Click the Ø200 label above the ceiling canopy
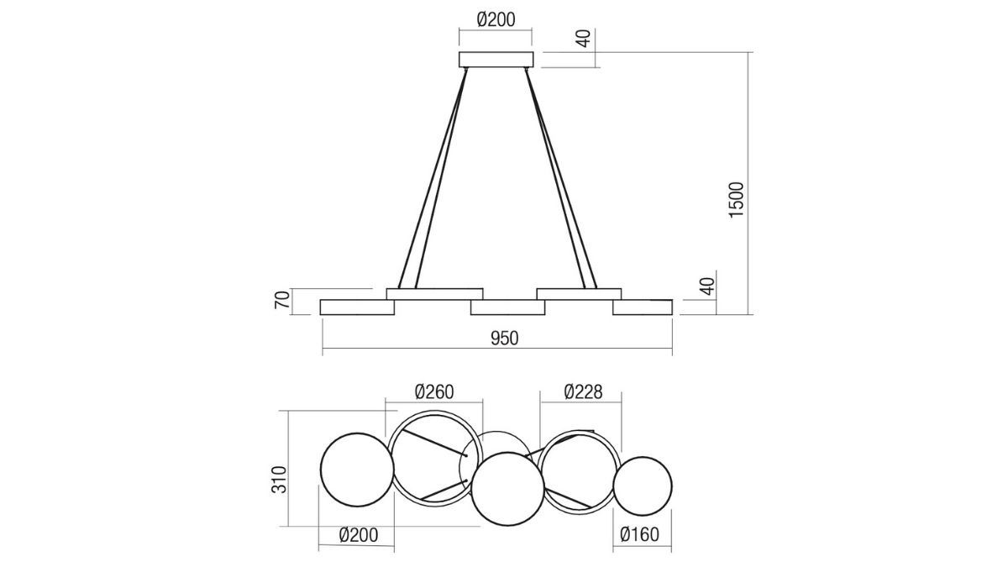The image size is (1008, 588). pyautogui.click(x=496, y=20)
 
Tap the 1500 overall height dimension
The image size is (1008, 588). pyautogui.click(x=736, y=200)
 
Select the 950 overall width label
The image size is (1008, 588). pyautogui.click(x=505, y=339)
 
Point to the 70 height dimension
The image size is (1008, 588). pyautogui.click(x=282, y=300)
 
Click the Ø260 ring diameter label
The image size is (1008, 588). pyautogui.click(x=434, y=391)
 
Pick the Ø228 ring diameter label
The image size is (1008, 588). pyautogui.click(x=583, y=391)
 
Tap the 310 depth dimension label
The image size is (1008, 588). pyautogui.click(x=279, y=480)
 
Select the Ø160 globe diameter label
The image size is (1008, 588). pyautogui.click(x=639, y=534)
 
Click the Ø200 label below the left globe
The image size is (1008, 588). pyautogui.click(x=359, y=535)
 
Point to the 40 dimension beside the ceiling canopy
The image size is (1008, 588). pyautogui.click(x=583, y=39)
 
